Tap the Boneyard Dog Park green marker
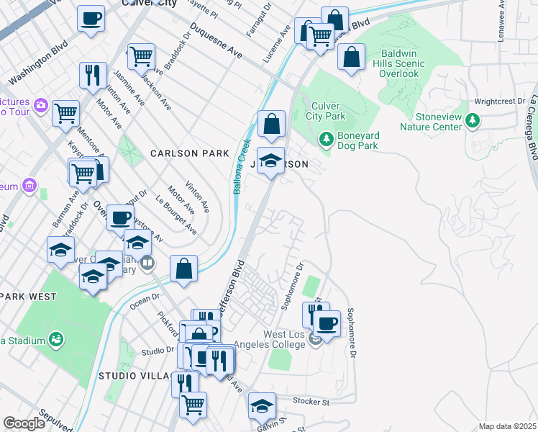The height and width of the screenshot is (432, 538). click(x=326, y=137)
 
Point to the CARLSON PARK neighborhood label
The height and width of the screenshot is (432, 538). click(x=189, y=153)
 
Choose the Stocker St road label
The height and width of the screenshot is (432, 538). click(x=311, y=400)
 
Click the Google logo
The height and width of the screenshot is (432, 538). click(x=24, y=423)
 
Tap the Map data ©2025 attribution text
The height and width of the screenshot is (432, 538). click(x=507, y=426)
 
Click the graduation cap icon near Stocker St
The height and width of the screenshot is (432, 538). click(x=262, y=405)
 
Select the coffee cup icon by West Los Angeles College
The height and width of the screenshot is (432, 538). click(x=327, y=323)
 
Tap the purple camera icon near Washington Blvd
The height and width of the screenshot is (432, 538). click(x=40, y=105)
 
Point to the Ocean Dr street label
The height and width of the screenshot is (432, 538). click(x=144, y=300)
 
